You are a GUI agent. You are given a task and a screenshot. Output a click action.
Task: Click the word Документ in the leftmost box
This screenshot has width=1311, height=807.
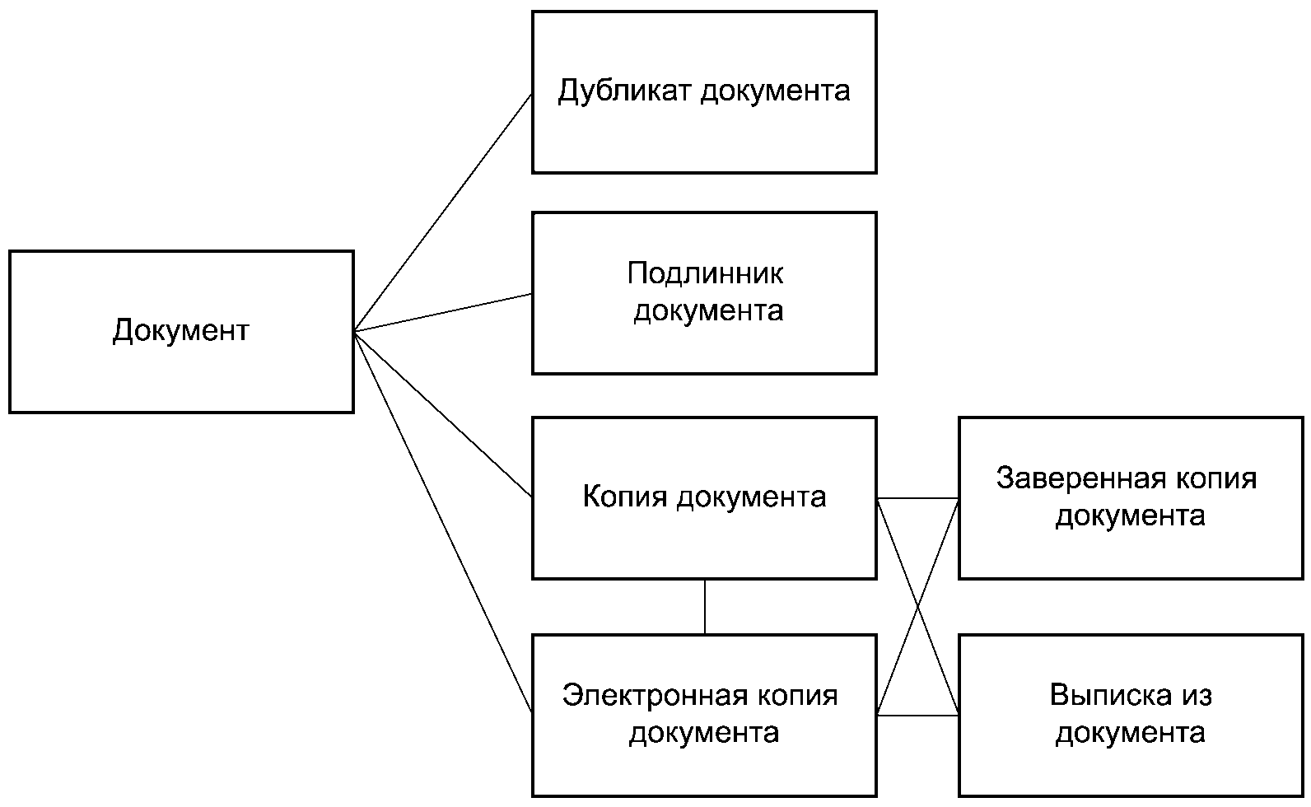(x=181, y=331)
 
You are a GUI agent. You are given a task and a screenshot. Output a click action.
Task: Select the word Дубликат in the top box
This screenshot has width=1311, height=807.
(x=624, y=91)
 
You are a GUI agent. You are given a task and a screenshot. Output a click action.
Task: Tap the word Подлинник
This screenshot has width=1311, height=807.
(x=705, y=273)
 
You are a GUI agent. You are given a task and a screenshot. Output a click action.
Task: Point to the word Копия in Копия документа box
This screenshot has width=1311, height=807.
(x=625, y=497)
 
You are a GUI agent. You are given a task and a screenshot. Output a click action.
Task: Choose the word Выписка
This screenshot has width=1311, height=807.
(x=1110, y=695)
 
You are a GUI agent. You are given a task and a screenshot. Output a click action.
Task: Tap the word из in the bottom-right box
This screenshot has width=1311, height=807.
(x=1197, y=696)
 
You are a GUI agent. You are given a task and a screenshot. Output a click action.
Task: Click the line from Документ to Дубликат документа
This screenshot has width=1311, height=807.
(x=443, y=212)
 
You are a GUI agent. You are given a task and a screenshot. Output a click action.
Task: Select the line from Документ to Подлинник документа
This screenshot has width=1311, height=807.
(x=443, y=312)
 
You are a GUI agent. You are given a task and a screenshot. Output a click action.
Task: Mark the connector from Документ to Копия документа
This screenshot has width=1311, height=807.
(x=443, y=414)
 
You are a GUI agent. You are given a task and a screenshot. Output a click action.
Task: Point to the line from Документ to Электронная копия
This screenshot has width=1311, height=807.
(x=443, y=522)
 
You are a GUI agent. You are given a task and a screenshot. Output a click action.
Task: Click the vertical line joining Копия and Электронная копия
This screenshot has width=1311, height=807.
(x=705, y=607)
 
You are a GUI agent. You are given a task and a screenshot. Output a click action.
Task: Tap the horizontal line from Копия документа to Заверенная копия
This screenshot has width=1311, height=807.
(x=917, y=498)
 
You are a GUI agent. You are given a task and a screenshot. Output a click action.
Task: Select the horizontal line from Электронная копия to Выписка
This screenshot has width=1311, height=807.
(x=917, y=715)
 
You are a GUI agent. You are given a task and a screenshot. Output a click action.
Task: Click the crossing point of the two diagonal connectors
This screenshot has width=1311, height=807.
(x=917, y=607)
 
